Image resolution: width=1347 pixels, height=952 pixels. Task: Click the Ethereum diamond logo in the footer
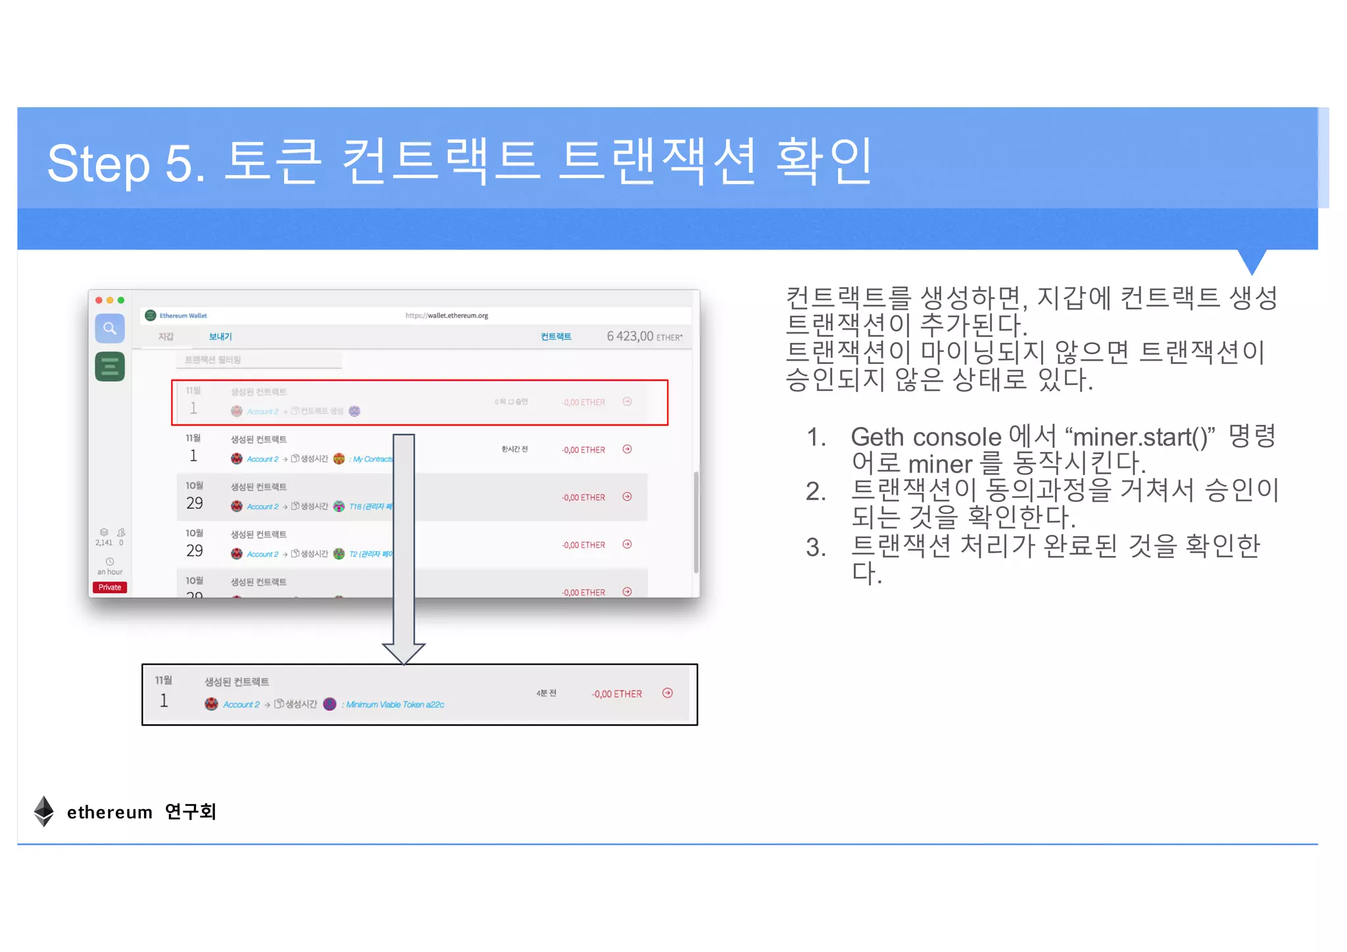point(44,811)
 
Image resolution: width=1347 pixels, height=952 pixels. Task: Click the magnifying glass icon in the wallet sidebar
point(110,328)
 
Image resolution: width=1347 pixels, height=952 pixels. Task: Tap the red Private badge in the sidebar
point(110,588)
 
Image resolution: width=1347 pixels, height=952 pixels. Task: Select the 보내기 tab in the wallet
point(220,337)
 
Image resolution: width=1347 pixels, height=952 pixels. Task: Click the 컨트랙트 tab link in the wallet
point(556,337)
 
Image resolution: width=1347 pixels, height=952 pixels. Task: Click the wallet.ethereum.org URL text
point(447,316)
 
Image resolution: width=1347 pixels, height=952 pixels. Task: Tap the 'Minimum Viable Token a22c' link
point(395,705)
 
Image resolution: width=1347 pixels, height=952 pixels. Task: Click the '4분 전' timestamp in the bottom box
point(546,693)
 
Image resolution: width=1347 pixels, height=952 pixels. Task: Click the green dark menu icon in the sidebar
point(110,366)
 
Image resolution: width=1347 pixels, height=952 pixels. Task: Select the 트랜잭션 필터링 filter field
point(258,361)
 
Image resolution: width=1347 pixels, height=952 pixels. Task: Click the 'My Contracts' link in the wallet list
point(373,459)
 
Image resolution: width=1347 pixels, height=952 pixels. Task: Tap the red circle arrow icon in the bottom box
point(668,693)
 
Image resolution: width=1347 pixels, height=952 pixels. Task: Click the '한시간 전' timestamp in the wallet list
point(514,449)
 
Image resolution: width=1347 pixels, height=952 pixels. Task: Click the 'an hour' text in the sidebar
point(110,572)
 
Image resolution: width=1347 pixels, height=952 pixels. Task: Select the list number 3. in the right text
point(816,547)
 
